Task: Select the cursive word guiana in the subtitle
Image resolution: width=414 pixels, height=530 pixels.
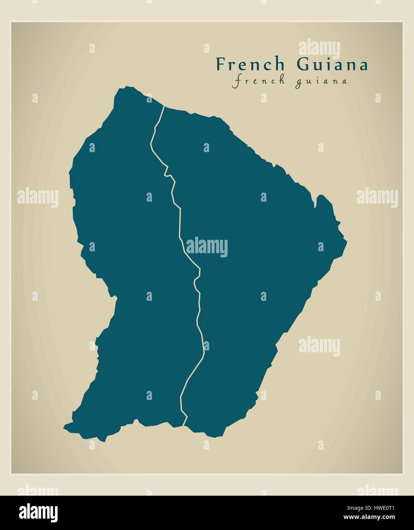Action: point(321,82)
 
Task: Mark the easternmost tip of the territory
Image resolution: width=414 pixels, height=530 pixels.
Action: point(347,241)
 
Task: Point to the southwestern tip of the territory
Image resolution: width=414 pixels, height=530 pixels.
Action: point(65,426)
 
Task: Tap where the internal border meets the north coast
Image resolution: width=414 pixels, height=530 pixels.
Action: point(164,106)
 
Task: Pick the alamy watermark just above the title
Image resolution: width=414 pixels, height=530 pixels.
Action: point(319,48)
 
